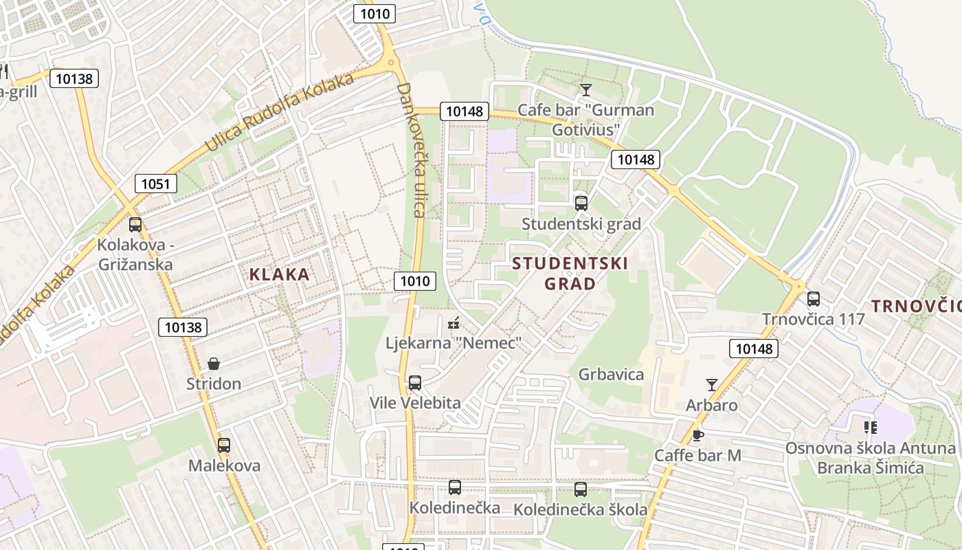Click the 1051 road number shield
[x=156, y=184]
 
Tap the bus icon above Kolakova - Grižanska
[x=135, y=224]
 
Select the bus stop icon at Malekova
[x=224, y=445]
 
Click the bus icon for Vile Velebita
[x=415, y=382]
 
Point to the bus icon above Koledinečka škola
[x=581, y=489]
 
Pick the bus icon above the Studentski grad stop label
[x=581, y=203]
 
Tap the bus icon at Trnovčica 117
[x=814, y=298]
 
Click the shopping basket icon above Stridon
[x=214, y=363]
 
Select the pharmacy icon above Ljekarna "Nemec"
[x=454, y=322]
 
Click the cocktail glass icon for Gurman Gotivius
[x=585, y=89]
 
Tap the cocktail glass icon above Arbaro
[x=712, y=385]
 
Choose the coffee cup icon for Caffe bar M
[x=697, y=434]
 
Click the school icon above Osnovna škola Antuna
[x=871, y=428]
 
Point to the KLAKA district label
[x=279, y=274]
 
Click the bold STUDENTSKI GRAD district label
[x=570, y=273]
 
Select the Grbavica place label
[x=611, y=374]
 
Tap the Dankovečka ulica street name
[x=412, y=150]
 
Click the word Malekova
[x=225, y=465]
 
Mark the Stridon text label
[x=214, y=384]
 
